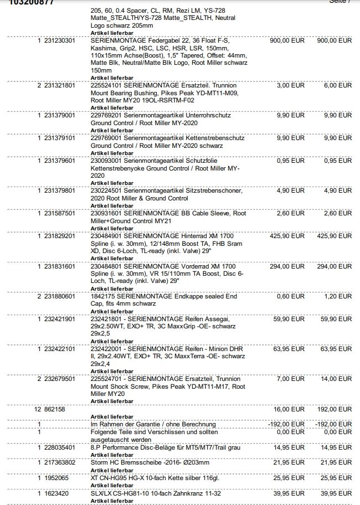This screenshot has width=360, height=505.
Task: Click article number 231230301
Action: (60, 41)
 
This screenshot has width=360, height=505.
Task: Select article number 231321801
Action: (60, 86)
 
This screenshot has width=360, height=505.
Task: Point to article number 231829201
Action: (60, 236)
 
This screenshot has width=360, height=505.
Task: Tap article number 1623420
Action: (56, 492)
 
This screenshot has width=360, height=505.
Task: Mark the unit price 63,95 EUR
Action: (289, 349)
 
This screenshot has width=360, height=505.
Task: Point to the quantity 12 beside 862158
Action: (38, 409)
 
